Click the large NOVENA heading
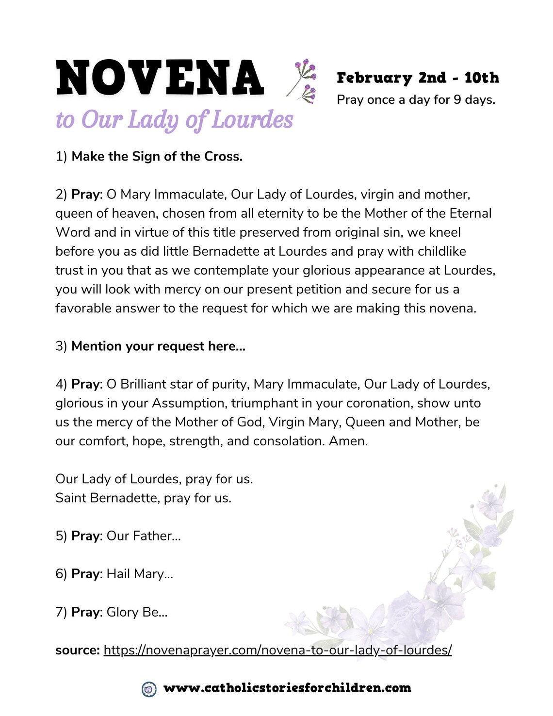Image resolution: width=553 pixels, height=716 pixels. tap(160, 78)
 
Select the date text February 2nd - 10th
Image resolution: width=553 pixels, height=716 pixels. tap(418, 78)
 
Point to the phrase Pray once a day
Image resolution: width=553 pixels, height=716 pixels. tap(383, 100)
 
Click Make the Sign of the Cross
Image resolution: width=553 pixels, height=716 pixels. tap(157, 156)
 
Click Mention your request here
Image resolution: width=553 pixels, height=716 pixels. tap(158, 346)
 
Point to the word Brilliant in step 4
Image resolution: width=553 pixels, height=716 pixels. tap(144, 384)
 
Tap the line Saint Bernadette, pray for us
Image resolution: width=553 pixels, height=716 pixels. tap(143, 498)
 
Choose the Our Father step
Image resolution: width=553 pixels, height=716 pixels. tap(143, 536)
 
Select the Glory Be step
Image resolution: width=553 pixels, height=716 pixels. tap(136, 612)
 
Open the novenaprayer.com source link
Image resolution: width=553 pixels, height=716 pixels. tap(277, 650)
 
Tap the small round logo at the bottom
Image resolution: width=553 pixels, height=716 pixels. tap(149, 688)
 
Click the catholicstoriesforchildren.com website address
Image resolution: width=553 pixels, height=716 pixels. tap(287, 688)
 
